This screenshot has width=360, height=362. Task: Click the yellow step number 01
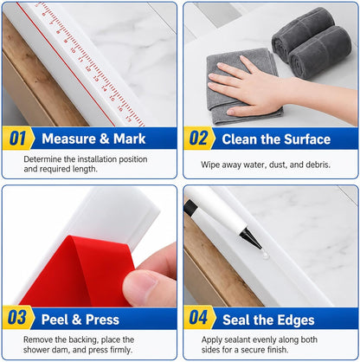coord(17,139)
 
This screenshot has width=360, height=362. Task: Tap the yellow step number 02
coord(198,139)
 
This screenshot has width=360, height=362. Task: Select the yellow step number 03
coord(17,319)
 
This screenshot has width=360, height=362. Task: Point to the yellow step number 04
coord(198,318)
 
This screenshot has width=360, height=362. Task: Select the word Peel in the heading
coord(55,320)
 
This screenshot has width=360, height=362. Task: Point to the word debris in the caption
coord(318,165)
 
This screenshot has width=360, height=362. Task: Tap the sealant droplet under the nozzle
coord(265,255)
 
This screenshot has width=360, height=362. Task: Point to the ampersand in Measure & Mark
coord(105,139)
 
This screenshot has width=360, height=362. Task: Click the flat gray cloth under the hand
coord(242,87)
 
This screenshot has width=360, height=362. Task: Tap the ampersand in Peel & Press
coord(76,320)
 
